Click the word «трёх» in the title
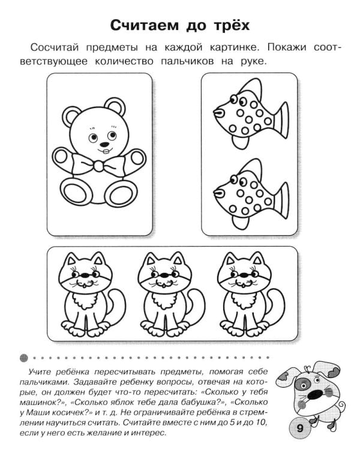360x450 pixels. (x=232, y=25)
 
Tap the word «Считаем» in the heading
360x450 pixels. (x=144, y=25)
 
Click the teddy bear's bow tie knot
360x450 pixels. (x=98, y=166)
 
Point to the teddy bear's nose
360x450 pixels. (x=105, y=144)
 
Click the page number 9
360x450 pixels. (x=300, y=428)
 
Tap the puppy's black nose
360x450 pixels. (x=315, y=395)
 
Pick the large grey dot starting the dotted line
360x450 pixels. (x=24, y=358)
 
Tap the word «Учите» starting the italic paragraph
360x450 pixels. (x=40, y=372)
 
